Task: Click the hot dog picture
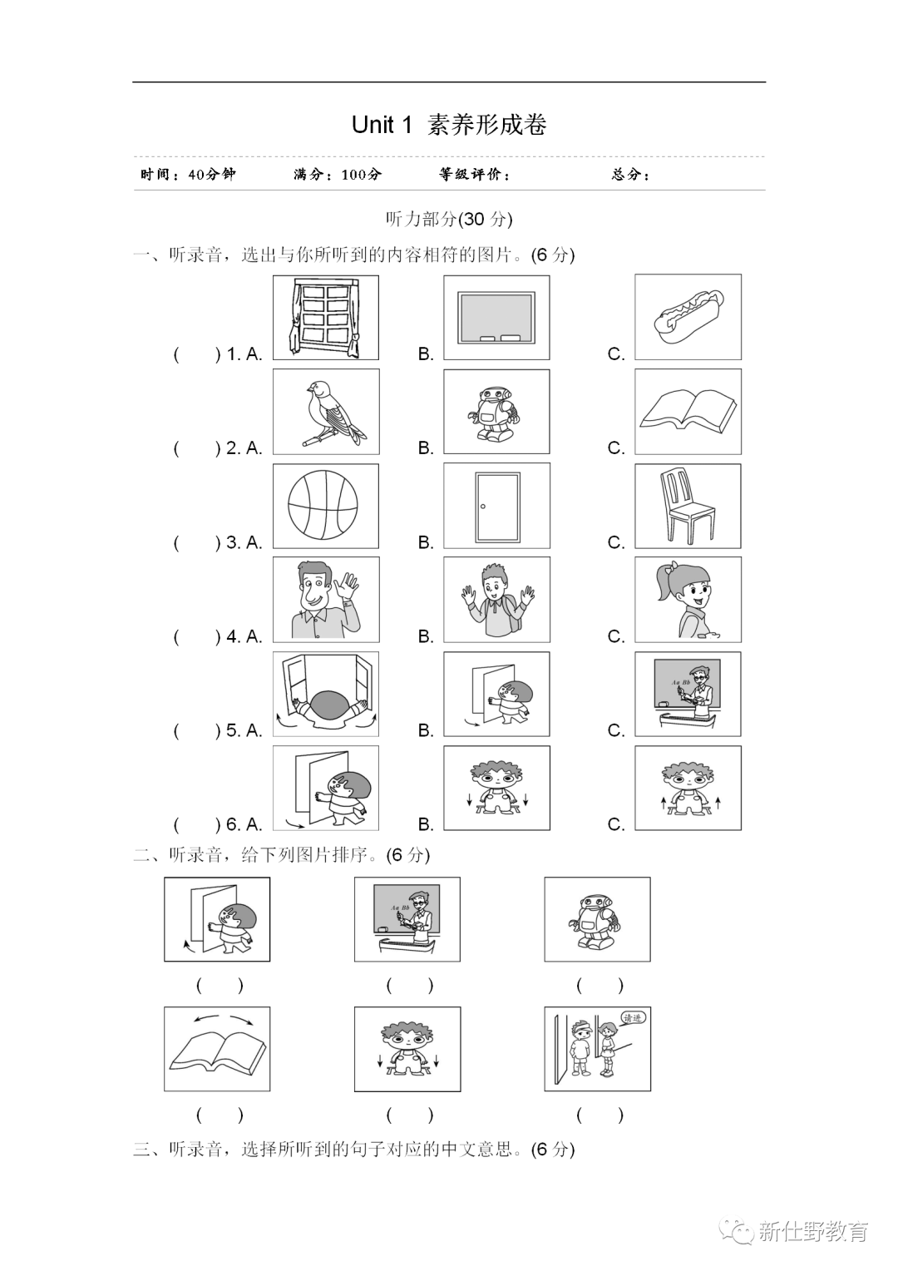(x=688, y=317)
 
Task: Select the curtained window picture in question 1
(x=326, y=317)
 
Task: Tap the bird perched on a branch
(x=326, y=412)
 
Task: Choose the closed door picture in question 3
(x=496, y=506)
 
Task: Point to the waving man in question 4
(x=326, y=600)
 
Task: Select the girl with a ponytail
(x=688, y=600)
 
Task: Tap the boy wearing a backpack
(x=496, y=600)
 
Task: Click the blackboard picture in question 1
(x=496, y=317)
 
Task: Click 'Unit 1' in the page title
(x=382, y=125)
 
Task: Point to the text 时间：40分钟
(x=189, y=175)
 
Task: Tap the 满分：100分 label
(x=338, y=175)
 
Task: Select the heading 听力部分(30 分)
(x=449, y=219)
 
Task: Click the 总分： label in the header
(x=630, y=175)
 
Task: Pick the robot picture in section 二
(x=597, y=920)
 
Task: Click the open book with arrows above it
(x=217, y=1048)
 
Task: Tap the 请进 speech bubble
(x=633, y=1017)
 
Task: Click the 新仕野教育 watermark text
(x=812, y=1232)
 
